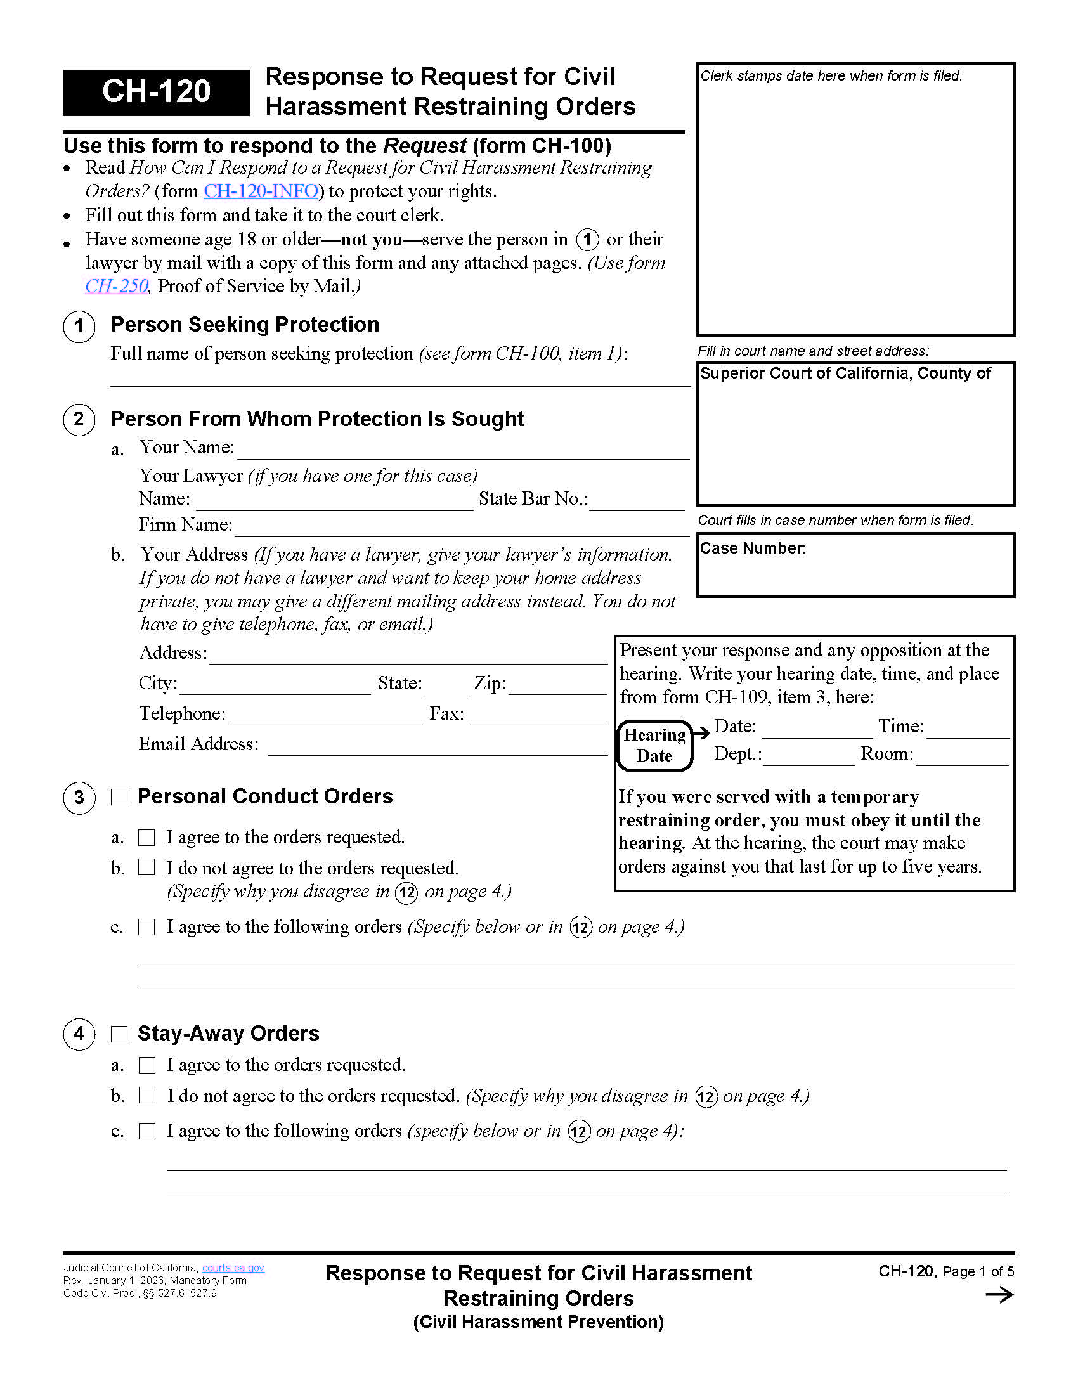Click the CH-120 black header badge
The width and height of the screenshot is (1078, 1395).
[156, 92]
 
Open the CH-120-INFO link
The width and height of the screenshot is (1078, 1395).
[261, 191]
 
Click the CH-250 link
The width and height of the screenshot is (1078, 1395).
[116, 286]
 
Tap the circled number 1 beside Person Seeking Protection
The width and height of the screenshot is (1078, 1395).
[79, 326]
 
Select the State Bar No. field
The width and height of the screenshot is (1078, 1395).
[636, 501]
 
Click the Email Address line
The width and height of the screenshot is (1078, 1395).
[437, 746]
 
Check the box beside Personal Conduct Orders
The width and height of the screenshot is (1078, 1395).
[119, 796]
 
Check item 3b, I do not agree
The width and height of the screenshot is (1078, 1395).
[147, 867]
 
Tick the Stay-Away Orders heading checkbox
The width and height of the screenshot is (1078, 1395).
[119, 1034]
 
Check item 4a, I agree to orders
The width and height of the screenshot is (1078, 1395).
[147, 1065]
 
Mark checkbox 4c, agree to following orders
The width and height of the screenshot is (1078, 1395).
[147, 1131]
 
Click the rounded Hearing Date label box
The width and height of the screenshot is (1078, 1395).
[654, 746]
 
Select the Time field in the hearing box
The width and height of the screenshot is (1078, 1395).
[967, 729]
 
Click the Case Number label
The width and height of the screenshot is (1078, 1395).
[752, 548]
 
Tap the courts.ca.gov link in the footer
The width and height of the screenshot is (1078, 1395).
[233, 1268]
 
